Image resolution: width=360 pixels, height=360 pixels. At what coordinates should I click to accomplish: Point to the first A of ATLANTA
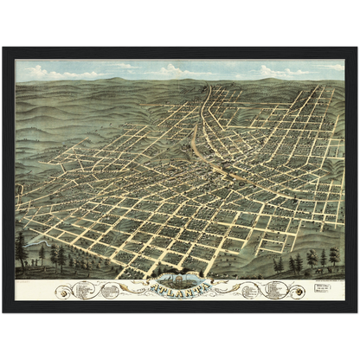(x=152, y=289)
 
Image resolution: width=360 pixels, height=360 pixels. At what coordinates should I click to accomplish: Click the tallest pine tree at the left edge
(x=21, y=249)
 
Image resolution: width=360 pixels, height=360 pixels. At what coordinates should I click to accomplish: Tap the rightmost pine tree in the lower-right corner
(x=334, y=257)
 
